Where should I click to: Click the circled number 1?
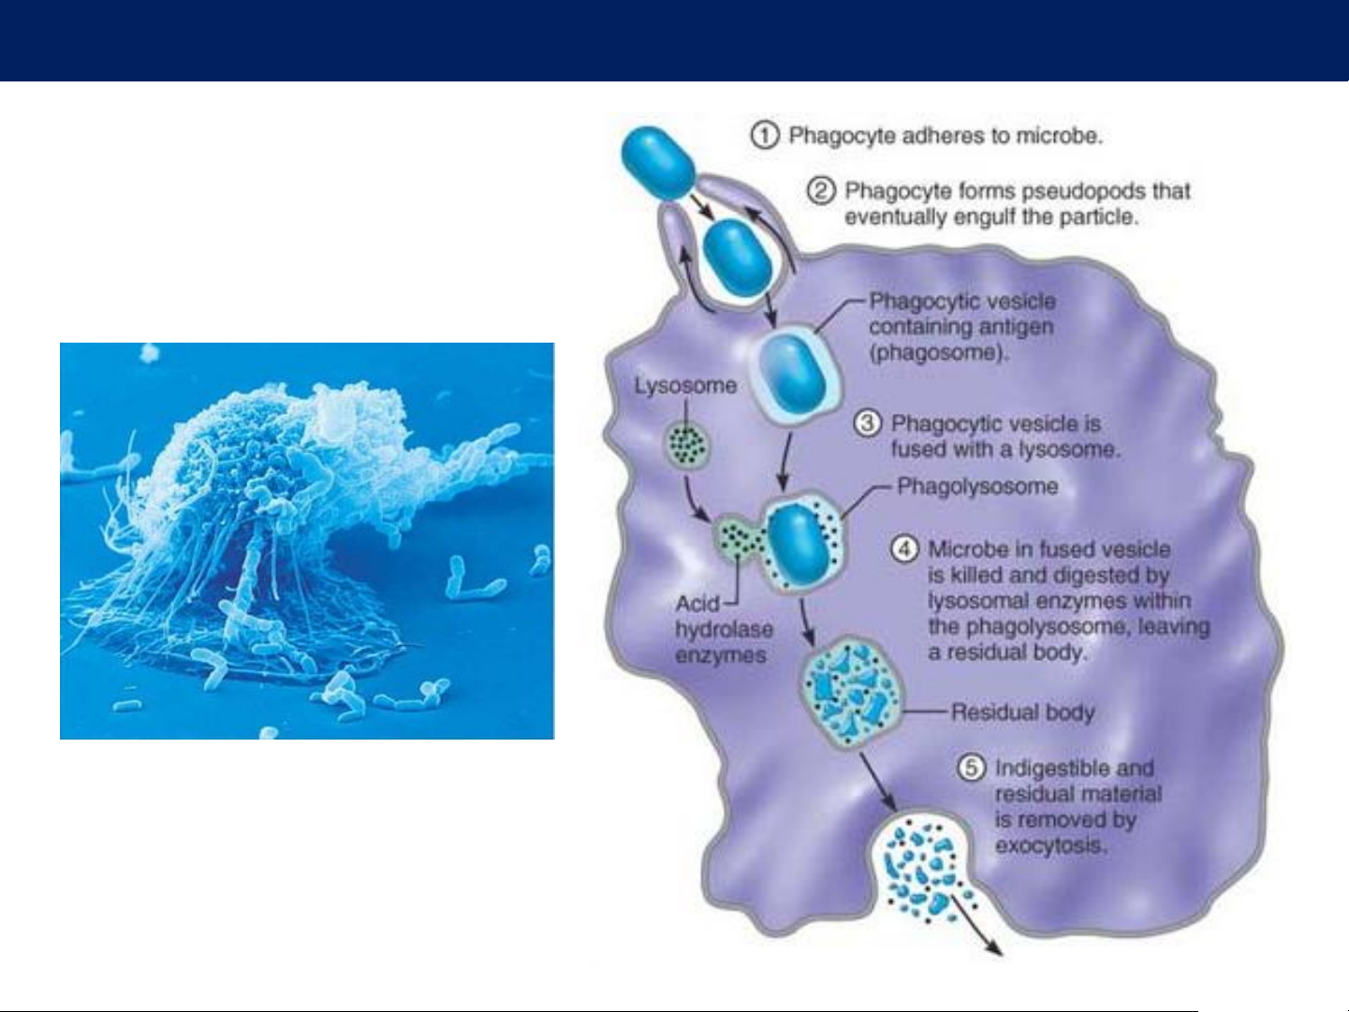click(765, 135)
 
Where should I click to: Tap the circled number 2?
click(821, 191)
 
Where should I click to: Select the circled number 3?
click(868, 423)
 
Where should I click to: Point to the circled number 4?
click(904, 549)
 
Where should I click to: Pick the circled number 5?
click(972, 768)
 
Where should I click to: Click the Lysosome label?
click(685, 386)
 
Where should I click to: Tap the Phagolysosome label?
click(977, 487)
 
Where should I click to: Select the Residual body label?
click(1023, 712)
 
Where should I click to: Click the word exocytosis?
click(1051, 846)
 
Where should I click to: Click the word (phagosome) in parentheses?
click(939, 353)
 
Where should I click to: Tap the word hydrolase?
click(724, 629)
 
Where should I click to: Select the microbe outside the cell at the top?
click(658, 162)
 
